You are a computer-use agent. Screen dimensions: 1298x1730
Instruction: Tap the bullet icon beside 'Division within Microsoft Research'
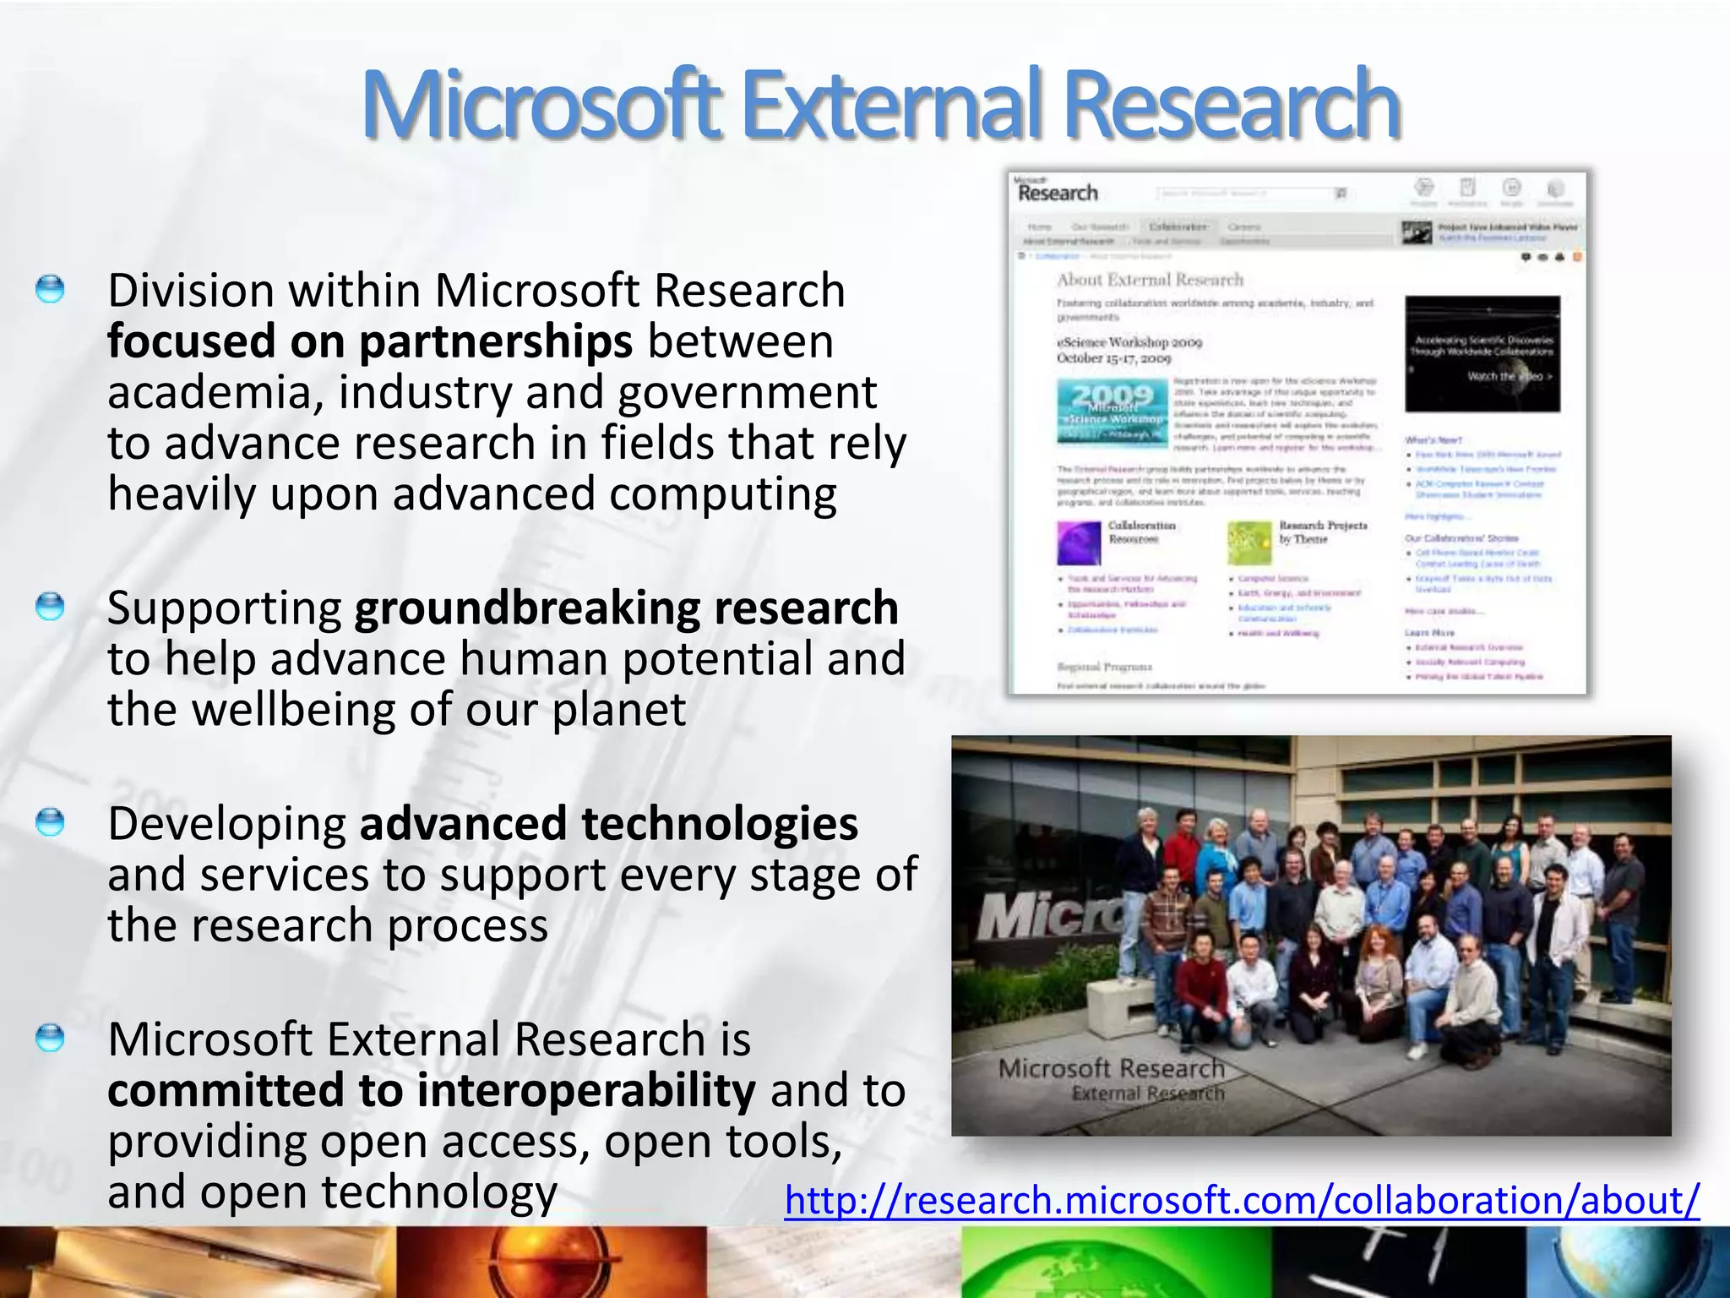[50, 289]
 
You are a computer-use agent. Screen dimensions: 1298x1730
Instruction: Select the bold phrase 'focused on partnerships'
[370, 341]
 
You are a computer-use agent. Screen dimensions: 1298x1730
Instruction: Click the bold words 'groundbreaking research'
[626, 608]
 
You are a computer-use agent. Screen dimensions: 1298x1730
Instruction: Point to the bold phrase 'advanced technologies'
[608, 823]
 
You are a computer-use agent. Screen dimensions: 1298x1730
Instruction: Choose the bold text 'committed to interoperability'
[431, 1090]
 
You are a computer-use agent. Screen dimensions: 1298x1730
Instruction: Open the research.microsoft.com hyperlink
[1242, 1200]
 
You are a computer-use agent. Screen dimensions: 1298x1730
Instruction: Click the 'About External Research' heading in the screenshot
[1150, 280]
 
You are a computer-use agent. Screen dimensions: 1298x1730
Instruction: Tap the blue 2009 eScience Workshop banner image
[1111, 412]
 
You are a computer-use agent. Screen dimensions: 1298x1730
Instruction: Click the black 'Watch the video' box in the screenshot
[1482, 354]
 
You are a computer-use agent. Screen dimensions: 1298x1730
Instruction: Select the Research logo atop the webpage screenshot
[1057, 193]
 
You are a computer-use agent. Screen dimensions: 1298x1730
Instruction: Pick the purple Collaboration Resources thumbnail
[1079, 543]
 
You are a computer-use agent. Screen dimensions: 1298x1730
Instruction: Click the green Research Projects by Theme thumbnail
[1249, 543]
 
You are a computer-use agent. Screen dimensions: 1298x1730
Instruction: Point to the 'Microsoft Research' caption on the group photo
[1111, 1068]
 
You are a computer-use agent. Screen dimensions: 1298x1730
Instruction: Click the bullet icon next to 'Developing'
[50, 821]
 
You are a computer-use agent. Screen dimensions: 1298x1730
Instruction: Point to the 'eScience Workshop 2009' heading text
[1129, 342]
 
